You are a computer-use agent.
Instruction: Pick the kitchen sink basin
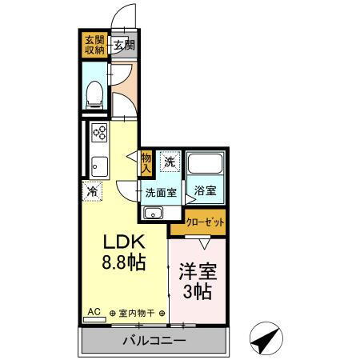(x=99, y=166)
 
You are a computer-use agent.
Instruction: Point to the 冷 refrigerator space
(x=93, y=191)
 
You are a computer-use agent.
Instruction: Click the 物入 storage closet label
(x=146, y=163)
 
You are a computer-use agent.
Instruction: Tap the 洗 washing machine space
(x=170, y=162)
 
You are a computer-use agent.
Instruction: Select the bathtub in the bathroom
(x=206, y=168)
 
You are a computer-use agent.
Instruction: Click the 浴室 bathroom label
(x=205, y=191)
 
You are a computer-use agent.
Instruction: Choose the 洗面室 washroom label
(x=161, y=192)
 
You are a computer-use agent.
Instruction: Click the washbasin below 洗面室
(x=153, y=213)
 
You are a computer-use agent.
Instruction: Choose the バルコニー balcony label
(x=154, y=342)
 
